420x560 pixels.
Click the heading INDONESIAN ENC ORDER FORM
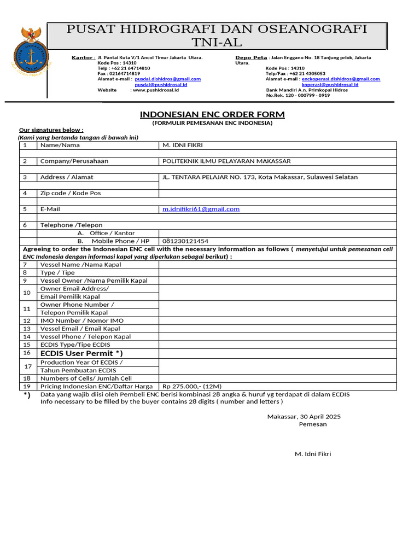click(x=212, y=114)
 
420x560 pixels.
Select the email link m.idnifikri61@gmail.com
click(x=201, y=209)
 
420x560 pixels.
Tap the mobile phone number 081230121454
click(x=185, y=241)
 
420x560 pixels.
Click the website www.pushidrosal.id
click(x=156, y=90)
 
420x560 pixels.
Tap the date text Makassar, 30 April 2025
click(x=304, y=416)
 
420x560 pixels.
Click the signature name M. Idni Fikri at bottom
click(x=313, y=454)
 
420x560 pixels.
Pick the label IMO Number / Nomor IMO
click(x=82, y=320)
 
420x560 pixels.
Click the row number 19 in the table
click(x=27, y=386)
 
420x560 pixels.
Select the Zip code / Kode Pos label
click(x=71, y=193)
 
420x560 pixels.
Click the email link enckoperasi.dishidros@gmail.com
click(x=341, y=79)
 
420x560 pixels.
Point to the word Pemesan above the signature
click(x=313, y=424)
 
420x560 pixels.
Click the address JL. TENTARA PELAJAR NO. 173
click(x=208, y=177)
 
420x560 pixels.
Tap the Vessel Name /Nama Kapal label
click(x=81, y=264)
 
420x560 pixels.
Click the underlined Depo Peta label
click(x=251, y=57)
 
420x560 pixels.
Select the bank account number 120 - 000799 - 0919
click(x=305, y=95)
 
